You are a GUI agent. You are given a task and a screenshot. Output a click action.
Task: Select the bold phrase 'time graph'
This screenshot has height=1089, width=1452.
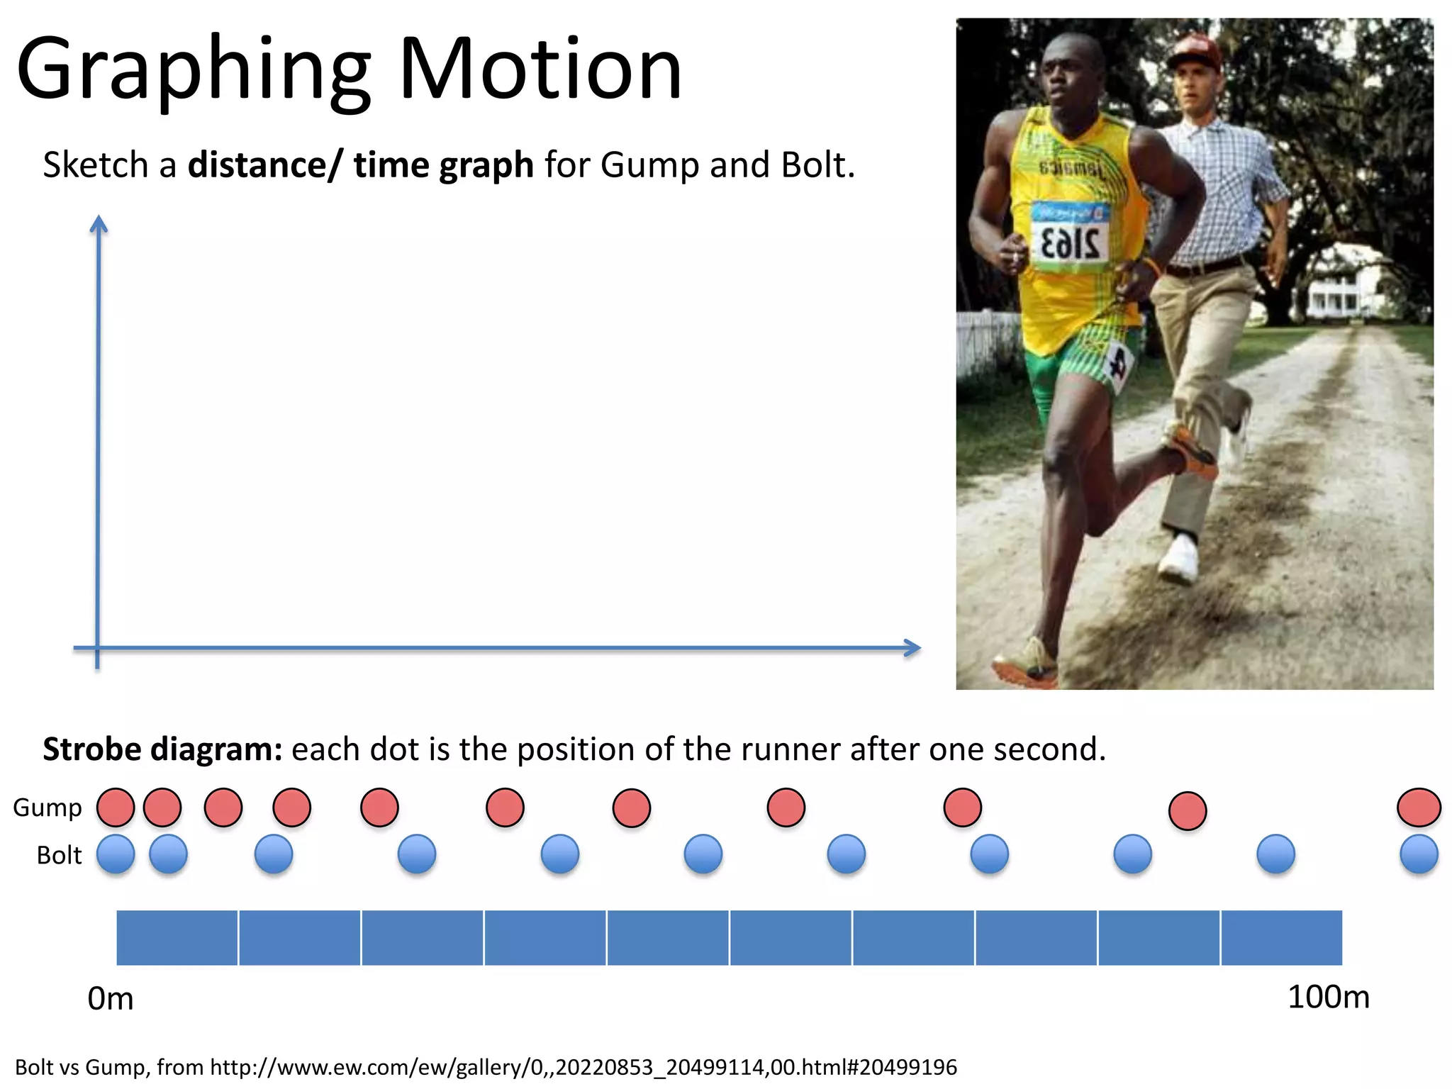coord(443,165)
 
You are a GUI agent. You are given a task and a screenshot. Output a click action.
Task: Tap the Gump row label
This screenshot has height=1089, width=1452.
coord(48,808)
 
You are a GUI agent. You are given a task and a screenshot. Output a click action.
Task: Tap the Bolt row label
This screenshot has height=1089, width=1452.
coord(59,855)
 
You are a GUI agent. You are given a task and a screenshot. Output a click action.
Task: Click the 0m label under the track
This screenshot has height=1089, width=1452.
coord(110,999)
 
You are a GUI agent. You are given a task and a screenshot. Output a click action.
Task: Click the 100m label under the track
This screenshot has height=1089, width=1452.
coord(1328,998)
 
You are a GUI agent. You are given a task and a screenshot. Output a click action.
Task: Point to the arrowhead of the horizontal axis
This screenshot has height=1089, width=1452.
coord(914,647)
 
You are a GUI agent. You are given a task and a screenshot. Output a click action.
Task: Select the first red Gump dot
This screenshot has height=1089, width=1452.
coord(116,808)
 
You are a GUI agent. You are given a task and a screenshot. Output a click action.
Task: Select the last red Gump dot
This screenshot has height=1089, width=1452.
coord(1419,808)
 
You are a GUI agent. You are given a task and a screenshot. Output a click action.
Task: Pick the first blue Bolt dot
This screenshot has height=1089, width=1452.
coord(116,854)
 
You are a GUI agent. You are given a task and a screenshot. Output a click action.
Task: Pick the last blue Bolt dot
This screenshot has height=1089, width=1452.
coord(1419,854)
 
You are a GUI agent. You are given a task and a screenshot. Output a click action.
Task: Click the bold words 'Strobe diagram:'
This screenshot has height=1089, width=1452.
coord(162,749)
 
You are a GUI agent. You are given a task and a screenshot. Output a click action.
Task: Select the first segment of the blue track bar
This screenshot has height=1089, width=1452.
coord(177,937)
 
